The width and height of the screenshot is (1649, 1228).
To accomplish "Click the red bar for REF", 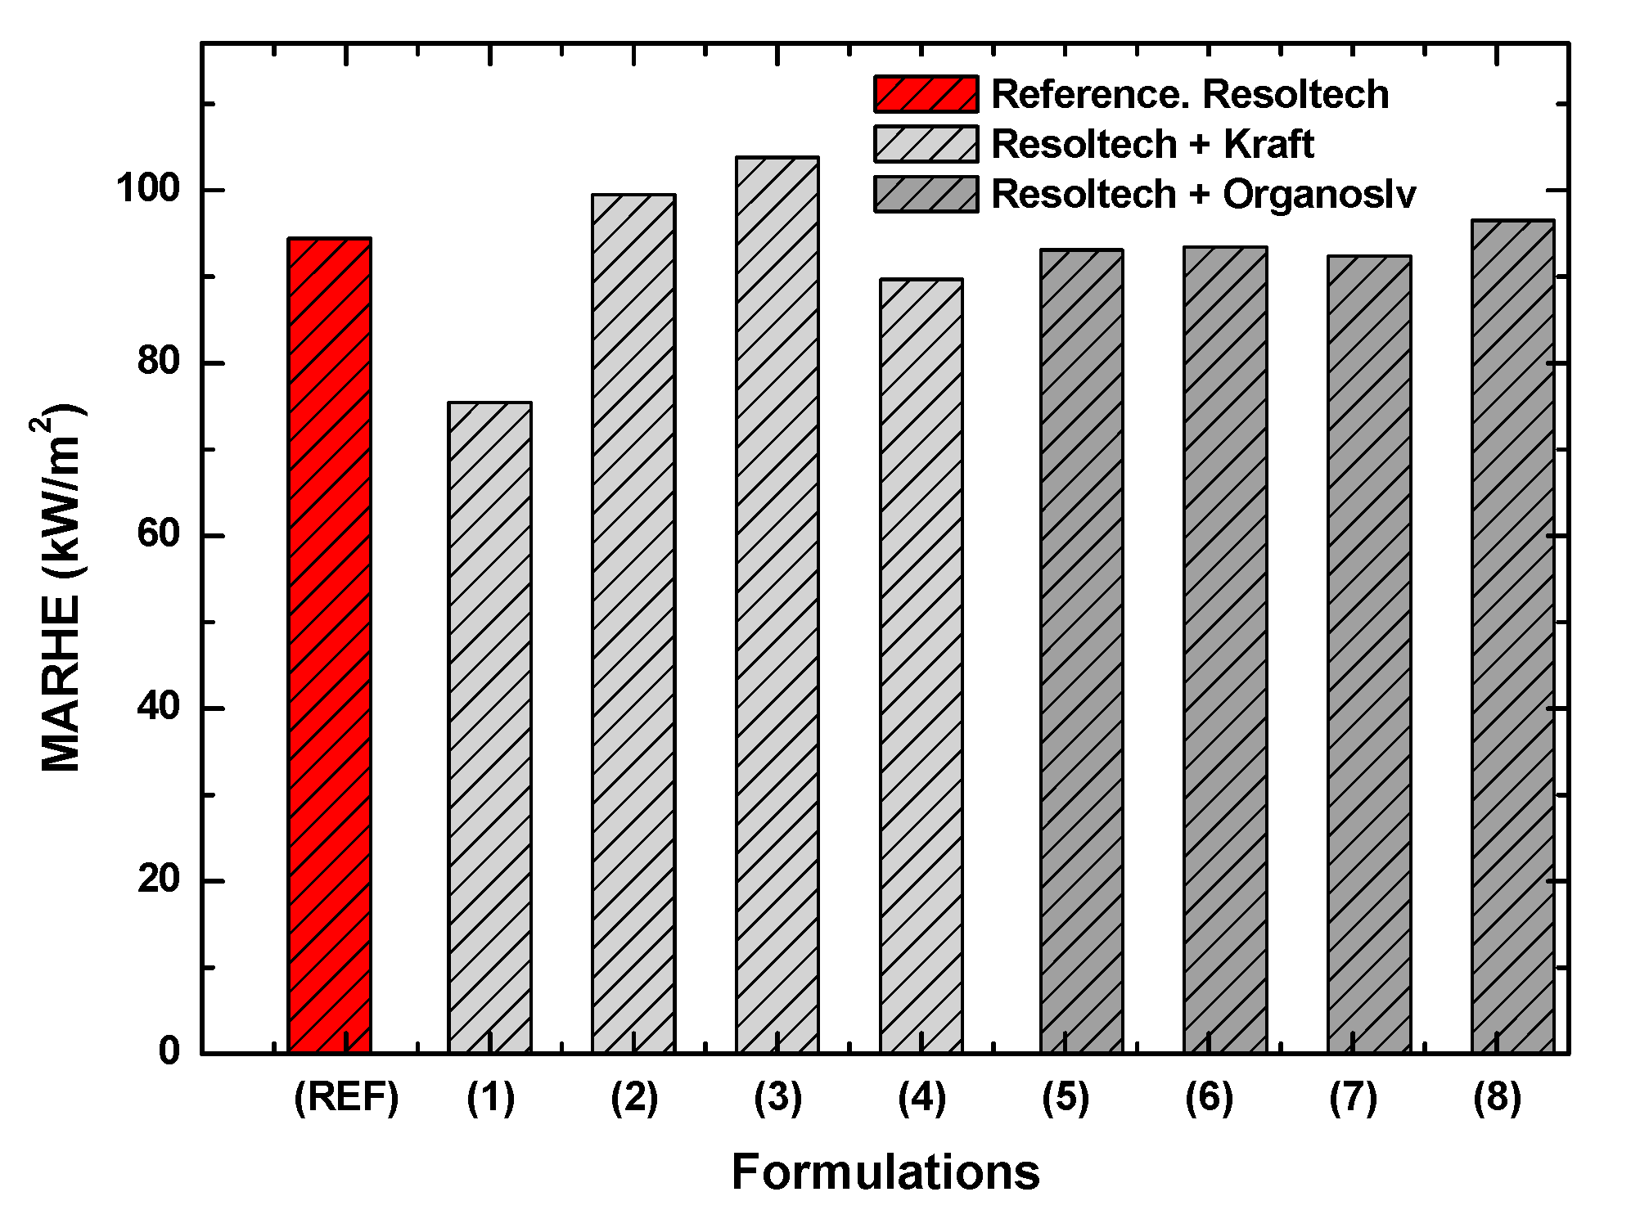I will point(330,646).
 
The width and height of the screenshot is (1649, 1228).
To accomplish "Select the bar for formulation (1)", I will point(489,728).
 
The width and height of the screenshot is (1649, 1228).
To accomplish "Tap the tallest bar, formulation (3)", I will point(777,605).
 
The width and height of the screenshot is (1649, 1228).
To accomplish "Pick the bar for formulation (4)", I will point(921,667).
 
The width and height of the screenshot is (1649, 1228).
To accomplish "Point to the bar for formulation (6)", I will point(1225,650).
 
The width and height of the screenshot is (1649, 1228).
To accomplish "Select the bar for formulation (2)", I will point(633,623).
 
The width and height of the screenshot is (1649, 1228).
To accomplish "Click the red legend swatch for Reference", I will point(926,94).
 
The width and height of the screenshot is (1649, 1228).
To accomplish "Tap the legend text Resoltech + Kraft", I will point(1151,145).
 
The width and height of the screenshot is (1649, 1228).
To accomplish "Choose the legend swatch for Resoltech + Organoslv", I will point(926,195).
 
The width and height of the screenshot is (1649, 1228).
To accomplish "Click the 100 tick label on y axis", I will point(147,190).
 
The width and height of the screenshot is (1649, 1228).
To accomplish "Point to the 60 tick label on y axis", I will point(158,535).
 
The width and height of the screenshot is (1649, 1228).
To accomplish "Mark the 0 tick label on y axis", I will point(169,1051).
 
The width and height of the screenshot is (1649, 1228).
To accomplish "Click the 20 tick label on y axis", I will point(158,880).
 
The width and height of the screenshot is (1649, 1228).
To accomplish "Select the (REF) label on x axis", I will point(346,1098).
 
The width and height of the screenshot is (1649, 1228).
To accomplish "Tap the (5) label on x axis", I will point(1065,1098).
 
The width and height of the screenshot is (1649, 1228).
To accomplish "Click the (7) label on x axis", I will point(1353,1098).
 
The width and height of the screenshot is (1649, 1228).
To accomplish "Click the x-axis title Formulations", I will point(885,1172).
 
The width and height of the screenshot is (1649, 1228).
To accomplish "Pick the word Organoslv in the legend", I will point(1318,195).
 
